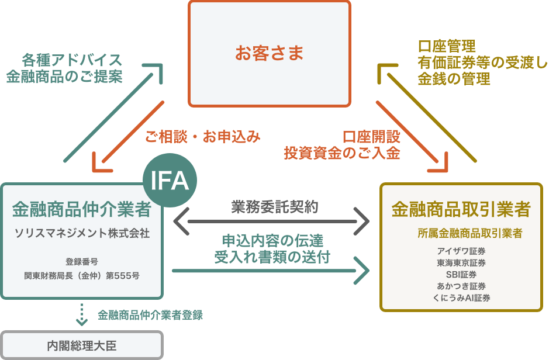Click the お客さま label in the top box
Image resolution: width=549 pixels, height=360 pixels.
tap(270, 54)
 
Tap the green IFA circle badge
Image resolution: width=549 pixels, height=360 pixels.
tap(170, 181)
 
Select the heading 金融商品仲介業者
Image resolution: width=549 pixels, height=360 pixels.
tap(82, 209)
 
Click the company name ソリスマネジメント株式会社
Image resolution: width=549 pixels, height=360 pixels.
tap(82, 233)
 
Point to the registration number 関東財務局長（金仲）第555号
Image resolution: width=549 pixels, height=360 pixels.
tap(82, 275)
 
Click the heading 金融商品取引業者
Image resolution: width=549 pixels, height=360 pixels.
tap(461, 209)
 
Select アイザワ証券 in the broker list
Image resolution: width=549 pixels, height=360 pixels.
tap(461, 251)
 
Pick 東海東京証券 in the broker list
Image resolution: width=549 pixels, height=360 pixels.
tap(461, 263)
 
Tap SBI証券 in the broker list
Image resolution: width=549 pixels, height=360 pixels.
tap(461, 275)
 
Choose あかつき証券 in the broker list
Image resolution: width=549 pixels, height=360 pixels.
tap(461, 286)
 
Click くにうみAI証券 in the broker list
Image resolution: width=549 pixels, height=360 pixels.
tap(461, 298)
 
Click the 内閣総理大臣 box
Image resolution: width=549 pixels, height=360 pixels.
tap(82, 345)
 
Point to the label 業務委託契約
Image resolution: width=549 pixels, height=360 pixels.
tap(274, 206)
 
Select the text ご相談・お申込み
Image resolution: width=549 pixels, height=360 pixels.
tap(202, 137)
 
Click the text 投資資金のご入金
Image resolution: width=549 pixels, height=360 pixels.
tap(342, 153)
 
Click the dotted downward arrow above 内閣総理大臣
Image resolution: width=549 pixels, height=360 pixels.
tap(82, 314)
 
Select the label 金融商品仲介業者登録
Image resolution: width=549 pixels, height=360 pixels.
tap(150, 315)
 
